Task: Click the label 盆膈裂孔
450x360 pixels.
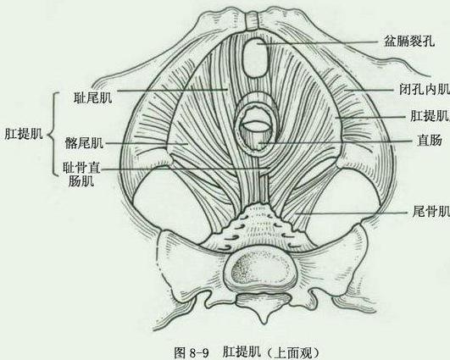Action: [409, 42]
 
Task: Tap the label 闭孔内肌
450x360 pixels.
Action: [425, 90]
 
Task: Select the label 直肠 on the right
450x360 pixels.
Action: [430, 141]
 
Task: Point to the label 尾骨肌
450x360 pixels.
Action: [431, 212]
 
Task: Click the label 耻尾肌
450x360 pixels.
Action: [92, 97]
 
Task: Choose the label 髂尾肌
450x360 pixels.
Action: [84, 143]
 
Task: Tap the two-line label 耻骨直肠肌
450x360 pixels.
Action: [81, 174]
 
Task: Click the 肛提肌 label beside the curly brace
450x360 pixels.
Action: [24, 133]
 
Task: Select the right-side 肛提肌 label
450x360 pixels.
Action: [430, 116]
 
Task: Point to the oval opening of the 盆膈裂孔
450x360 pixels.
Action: [256, 58]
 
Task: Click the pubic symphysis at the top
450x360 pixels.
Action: [253, 21]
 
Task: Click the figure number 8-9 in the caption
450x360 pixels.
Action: [199, 352]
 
